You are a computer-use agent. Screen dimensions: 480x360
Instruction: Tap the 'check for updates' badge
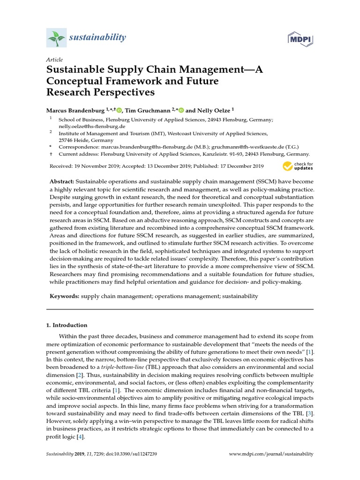[x=297, y=166]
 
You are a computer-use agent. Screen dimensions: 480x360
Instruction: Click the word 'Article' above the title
[x=54, y=60]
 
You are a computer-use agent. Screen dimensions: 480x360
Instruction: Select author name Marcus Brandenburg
[x=75, y=110]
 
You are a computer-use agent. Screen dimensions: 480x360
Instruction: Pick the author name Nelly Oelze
[x=214, y=110]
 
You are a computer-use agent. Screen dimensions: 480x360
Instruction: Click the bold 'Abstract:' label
[x=61, y=181]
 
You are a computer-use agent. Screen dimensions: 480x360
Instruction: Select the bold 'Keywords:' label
[x=65, y=296]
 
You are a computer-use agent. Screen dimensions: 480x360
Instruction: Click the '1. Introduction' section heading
[x=67, y=325]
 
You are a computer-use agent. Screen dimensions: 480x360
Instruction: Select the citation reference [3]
[x=309, y=413]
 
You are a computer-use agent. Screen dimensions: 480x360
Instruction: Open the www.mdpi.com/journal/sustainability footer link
[x=271, y=454]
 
